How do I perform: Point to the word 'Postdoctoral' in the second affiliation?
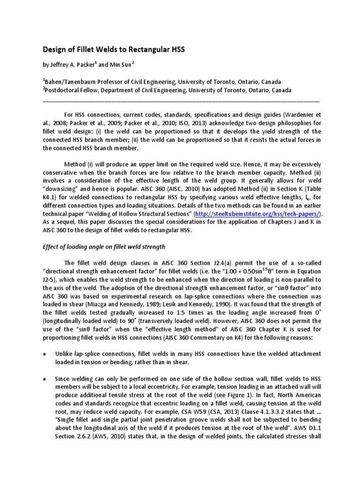point(65,90)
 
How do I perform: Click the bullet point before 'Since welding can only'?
point(45,380)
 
